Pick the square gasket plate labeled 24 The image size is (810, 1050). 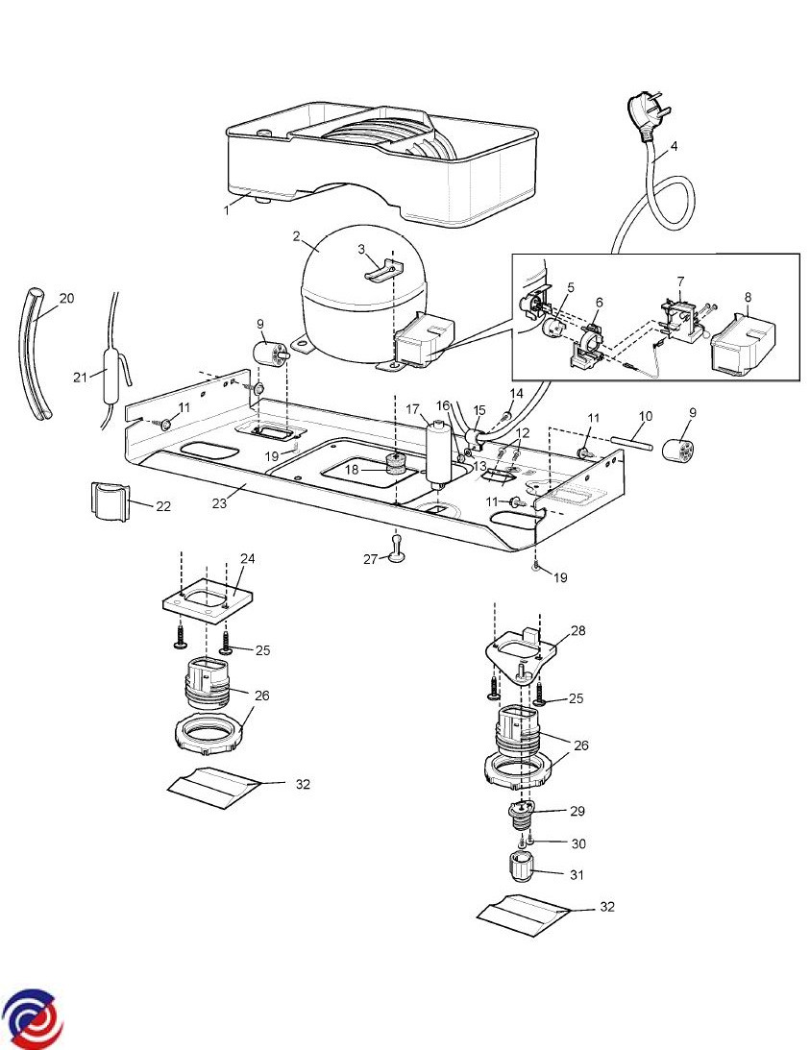205,598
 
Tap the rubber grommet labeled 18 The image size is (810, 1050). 392,466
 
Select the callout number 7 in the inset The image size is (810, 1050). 679,281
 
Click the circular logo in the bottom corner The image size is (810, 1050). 33,1018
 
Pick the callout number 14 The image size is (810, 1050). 516,393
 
